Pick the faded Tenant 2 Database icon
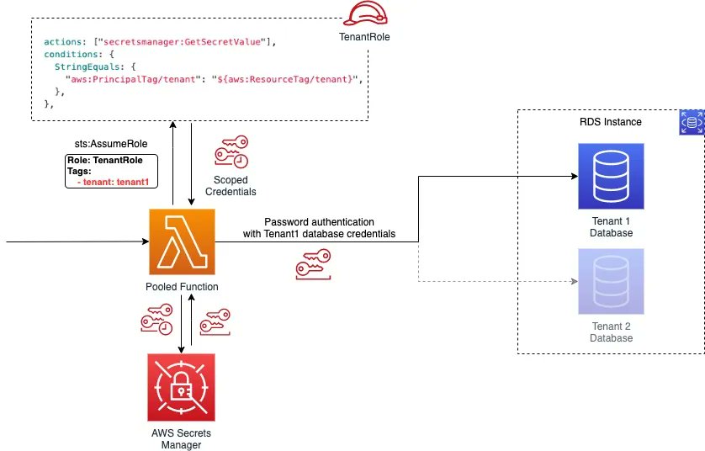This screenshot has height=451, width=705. coord(611,282)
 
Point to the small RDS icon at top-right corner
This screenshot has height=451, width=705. coord(691,122)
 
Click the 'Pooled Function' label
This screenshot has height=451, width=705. coord(182,287)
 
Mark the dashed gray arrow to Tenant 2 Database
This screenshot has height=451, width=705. coord(496,281)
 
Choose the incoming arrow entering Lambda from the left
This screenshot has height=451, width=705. coord(76,242)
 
